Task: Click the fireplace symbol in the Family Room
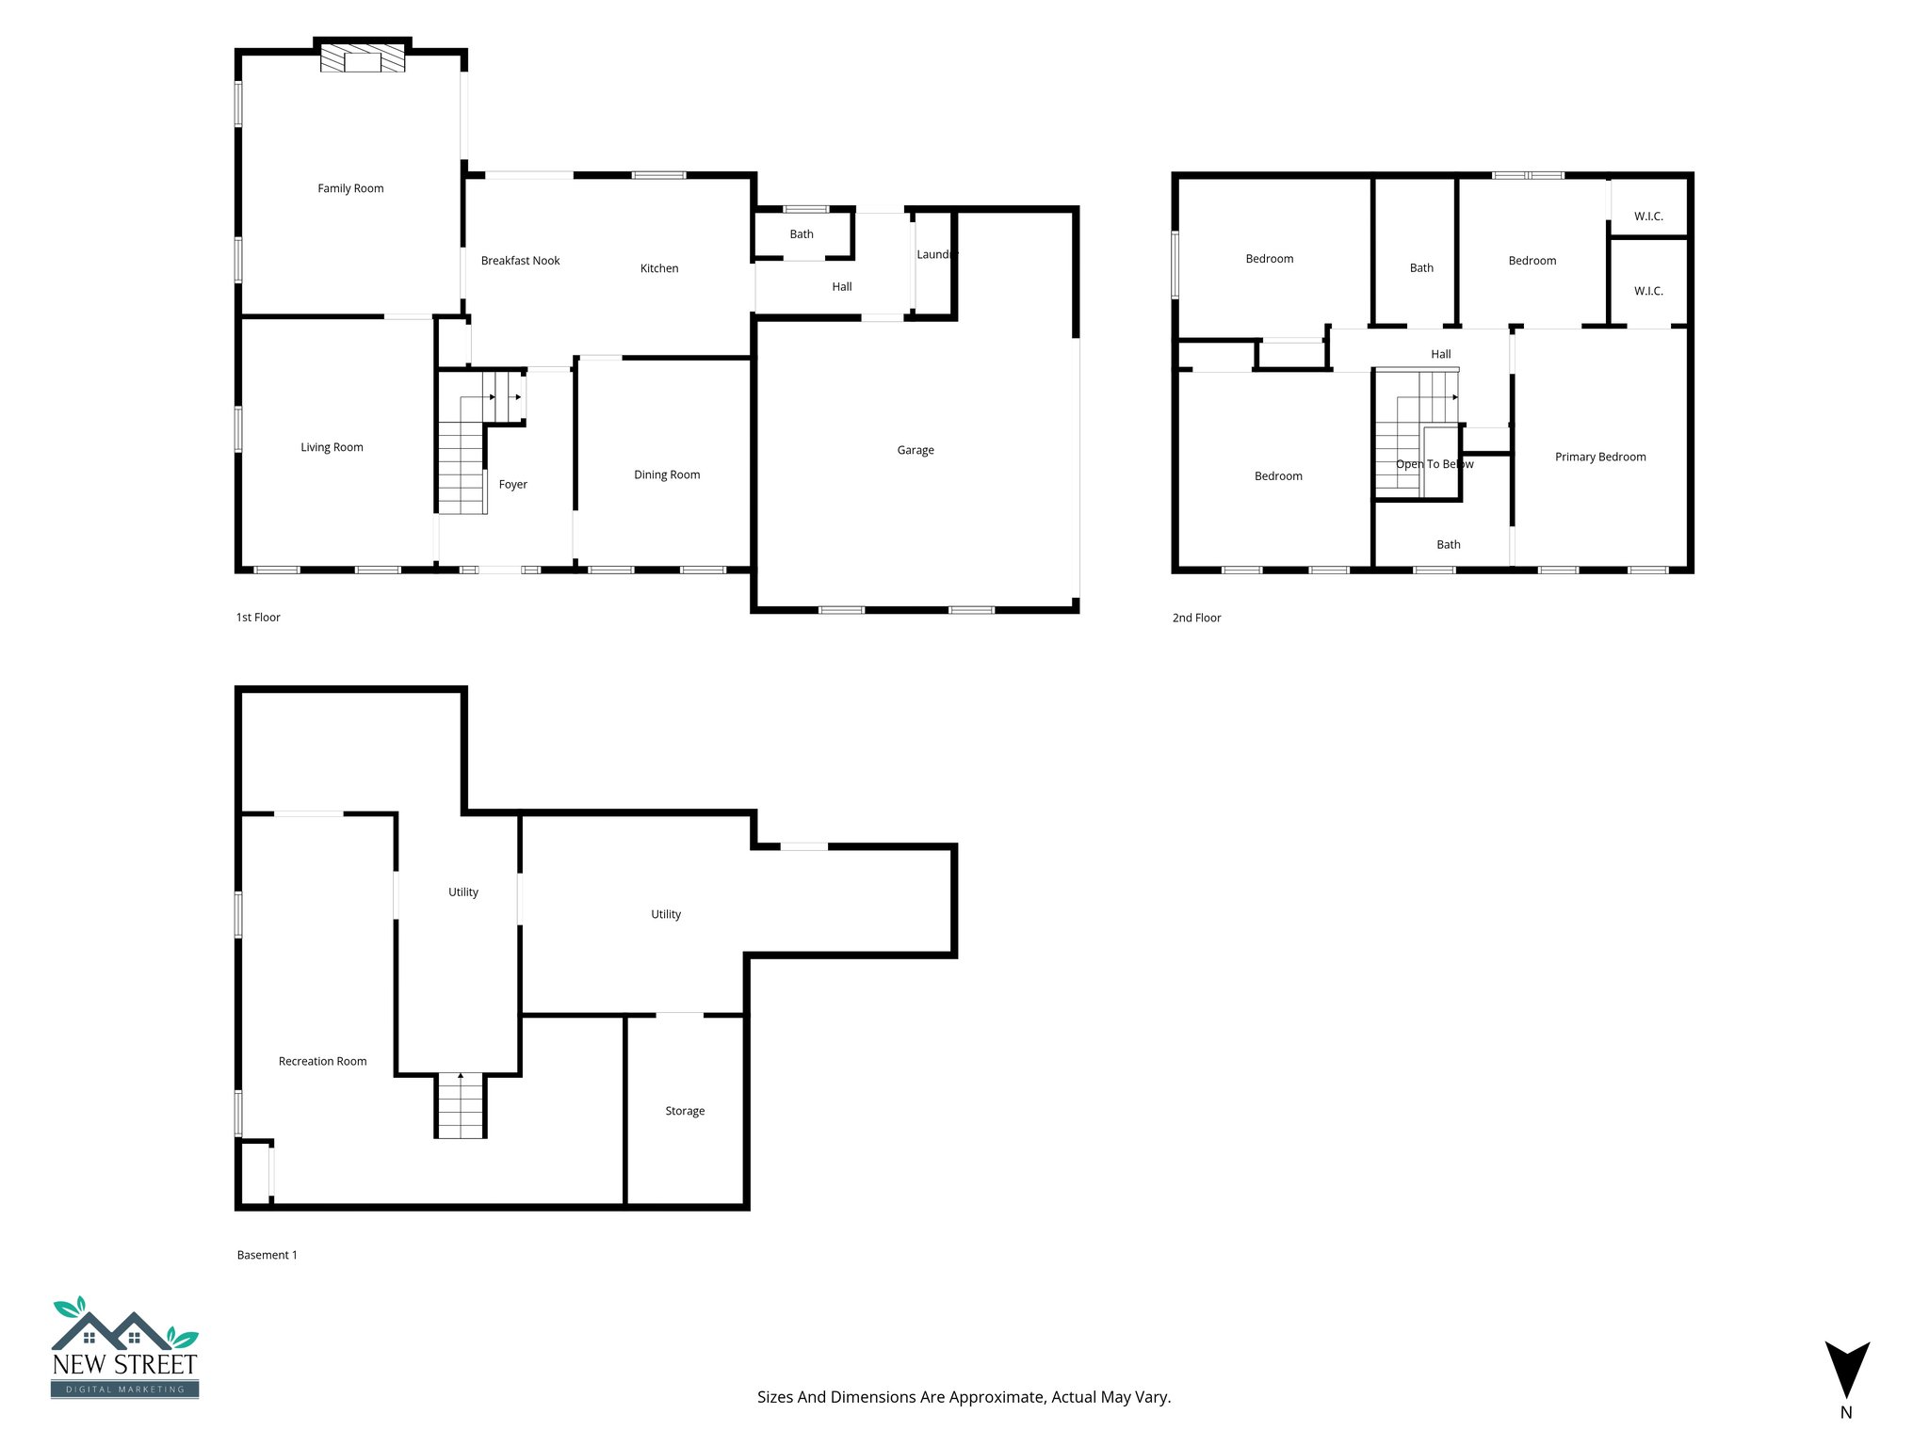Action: (x=363, y=60)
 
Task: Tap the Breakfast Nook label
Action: (x=520, y=261)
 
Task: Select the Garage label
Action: (x=916, y=450)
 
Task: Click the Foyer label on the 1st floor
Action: (x=512, y=485)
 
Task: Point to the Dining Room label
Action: (x=667, y=474)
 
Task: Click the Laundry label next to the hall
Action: (x=936, y=254)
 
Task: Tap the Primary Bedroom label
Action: (x=1600, y=457)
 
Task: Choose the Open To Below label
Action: (x=1435, y=464)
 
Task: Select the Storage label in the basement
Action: (x=685, y=1111)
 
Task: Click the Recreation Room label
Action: (x=322, y=1061)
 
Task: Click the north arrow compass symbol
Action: (x=1847, y=1370)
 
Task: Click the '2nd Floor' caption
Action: (x=1196, y=618)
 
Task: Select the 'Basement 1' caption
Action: (x=267, y=1255)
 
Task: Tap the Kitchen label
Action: (x=659, y=268)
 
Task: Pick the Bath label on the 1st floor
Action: (x=802, y=234)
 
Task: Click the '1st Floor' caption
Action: (x=258, y=618)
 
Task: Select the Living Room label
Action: (x=332, y=447)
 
